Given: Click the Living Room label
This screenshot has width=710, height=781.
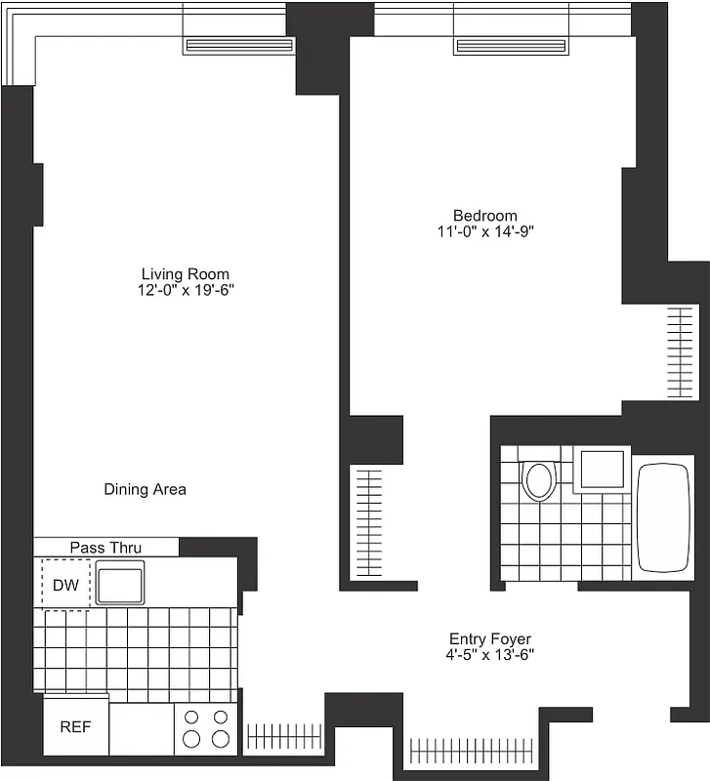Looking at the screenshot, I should (186, 274).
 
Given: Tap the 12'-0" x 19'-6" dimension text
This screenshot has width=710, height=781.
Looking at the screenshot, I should (186, 291).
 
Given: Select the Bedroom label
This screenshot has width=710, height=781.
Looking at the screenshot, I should (485, 216).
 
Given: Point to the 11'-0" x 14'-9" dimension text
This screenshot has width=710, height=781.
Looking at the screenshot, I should (485, 232).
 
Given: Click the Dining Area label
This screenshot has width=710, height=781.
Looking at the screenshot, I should (145, 489).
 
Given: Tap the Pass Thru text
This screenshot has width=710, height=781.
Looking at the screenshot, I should (105, 548).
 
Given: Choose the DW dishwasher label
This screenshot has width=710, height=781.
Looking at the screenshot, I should (65, 585).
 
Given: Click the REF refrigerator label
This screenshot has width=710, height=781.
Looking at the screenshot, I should (75, 727).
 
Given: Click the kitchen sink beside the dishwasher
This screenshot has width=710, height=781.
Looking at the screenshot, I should (119, 583).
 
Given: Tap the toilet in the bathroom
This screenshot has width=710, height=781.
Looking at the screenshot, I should (537, 479).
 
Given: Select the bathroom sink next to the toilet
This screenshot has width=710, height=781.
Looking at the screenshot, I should (601, 470).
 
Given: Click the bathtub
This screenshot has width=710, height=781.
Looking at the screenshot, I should (664, 517).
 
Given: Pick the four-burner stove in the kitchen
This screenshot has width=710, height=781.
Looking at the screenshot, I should (207, 728).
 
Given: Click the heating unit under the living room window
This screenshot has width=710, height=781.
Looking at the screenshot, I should (238, 45).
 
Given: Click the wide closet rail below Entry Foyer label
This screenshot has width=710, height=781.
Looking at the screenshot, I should (473, 751).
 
